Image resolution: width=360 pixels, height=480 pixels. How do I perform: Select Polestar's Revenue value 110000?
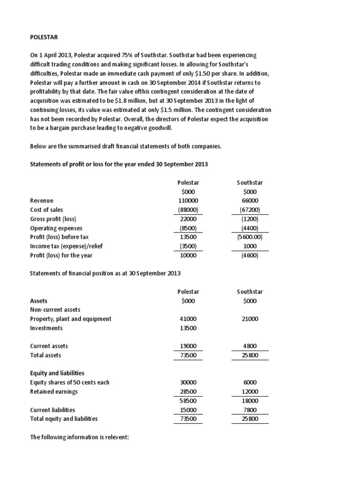[x=187, y=201]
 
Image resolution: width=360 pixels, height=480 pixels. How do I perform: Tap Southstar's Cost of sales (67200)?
[x=247, y=210]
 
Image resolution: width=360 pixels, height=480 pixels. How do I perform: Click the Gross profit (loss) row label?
[x=53, y=219]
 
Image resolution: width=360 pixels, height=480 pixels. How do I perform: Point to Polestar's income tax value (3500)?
[x=187, y=246]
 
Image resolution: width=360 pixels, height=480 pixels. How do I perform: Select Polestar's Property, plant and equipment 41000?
[x=187, y=319]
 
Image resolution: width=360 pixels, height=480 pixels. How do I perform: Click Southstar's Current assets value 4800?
[x=247, y=346]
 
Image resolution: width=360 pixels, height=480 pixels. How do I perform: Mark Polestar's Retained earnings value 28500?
[x=187, y=391]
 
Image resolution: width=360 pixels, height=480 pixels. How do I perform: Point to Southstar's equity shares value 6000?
[x=247, y=382]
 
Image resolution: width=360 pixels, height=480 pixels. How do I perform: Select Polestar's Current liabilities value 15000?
[x=187, y=410]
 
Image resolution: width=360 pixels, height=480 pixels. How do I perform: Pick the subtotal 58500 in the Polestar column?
[x=187, y=401]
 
